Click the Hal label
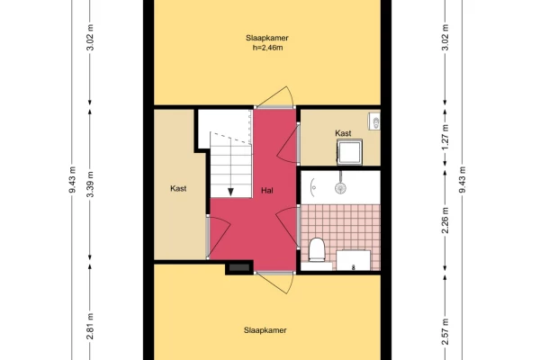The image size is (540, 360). click(267, 190)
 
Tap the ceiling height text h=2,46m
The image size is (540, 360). click(267, 48)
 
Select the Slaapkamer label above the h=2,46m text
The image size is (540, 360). click(267, 38)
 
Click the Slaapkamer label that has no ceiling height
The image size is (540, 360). click(265, 330)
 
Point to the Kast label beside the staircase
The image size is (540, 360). click(178, 188)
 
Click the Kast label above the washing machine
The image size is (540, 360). click(343, 133)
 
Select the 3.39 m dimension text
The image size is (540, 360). click(90, 184)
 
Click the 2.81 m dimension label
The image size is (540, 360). click(90, 326)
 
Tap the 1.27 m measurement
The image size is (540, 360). click(445, 138)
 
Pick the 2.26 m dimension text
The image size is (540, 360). click(445, 220)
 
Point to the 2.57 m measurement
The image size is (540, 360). click(445, 332)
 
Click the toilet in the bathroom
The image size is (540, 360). click(317, 250)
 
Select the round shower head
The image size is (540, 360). click(340, 188)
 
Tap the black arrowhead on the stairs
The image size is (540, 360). click(230, 192)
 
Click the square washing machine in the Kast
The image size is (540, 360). click(349, 152)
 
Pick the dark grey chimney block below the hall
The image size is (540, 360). click(239, 267)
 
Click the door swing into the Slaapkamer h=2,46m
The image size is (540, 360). click(276, 97)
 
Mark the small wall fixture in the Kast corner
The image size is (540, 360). click(374, 121)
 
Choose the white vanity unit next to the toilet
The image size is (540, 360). click(354, 260)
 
